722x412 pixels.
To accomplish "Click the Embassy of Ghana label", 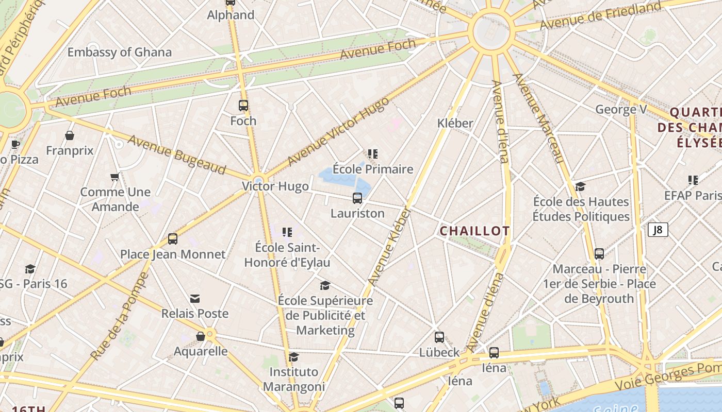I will coord(119,52).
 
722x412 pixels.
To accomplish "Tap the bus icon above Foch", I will coord(243,106).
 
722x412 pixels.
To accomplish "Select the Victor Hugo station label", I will coord(275,186).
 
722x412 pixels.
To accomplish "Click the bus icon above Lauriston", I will coord(357,198).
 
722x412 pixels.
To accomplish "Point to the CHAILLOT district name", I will coord(474,231).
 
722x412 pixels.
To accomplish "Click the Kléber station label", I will coord(455,123).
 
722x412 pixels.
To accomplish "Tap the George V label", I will coord(621,109).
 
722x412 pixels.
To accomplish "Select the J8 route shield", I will coord(658,230).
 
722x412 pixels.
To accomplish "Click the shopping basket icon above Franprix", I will coord(70,135).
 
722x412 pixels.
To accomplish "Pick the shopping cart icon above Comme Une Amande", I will coord(115,177).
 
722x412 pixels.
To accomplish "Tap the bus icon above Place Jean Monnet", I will coord(173,239).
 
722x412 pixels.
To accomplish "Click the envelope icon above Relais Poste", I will coord(195,299).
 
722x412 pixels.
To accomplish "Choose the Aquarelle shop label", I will coord(201,351).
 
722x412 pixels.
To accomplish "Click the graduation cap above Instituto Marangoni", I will coord(294,356).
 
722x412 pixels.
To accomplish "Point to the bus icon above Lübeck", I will coord(439,337).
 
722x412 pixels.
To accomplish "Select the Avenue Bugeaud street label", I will coord(177,154).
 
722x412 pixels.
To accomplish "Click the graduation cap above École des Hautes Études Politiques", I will coord(581,186).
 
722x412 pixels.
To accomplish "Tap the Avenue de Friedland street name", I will coord(600,16).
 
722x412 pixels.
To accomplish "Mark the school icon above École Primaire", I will coord(373,153).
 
